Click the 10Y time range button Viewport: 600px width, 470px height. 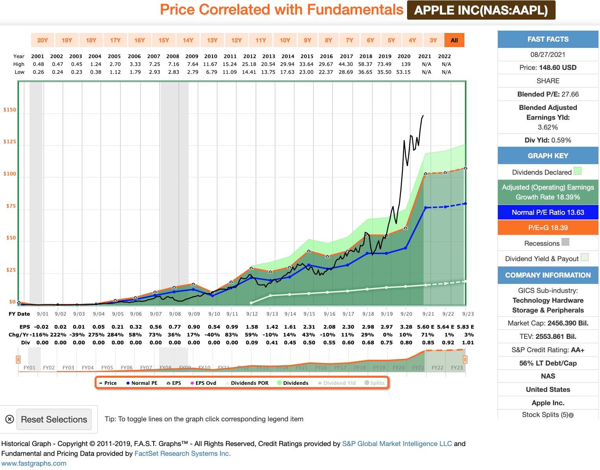[x=285, y=40]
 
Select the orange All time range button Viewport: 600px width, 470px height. [x=454, y=40]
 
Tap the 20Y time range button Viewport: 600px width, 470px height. [x=42, y=40]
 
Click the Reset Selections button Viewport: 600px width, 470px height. [x=54, y=419]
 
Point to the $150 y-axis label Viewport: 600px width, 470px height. [x=10, y=110]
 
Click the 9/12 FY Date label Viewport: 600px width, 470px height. [x=252, y=314]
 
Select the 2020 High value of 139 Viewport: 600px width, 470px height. [x=406, y=64]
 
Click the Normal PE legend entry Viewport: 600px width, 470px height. [x=142, y=383]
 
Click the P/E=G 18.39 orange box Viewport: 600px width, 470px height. [x=548, y=228]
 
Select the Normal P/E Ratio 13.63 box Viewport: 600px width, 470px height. [x=548, y=212]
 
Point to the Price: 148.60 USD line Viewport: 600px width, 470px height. [x=548, y=68]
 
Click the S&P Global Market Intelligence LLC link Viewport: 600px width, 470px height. [x=397, y=444]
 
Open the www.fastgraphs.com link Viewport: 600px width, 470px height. [x=34, y=463]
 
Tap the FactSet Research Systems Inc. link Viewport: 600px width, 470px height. [x=182, y=454]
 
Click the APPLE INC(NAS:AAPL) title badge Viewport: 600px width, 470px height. [x=481, y=10]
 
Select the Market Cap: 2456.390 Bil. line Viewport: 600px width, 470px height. [x=548, y=323]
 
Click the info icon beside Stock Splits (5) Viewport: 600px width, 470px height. [x=571, y=415]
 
